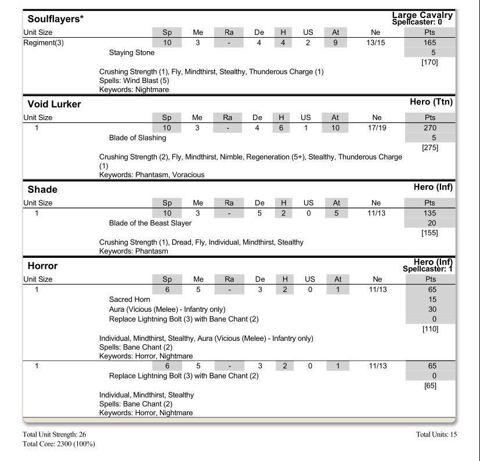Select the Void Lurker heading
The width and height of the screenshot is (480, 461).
54,105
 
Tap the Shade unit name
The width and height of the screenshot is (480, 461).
42,190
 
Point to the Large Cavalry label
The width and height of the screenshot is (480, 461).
422,15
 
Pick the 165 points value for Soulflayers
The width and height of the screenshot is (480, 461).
430,43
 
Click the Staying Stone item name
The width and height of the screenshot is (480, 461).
132,53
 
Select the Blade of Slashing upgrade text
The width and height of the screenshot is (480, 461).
138,138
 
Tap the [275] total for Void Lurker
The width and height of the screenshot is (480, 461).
430,148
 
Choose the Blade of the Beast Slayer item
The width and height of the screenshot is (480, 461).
150,224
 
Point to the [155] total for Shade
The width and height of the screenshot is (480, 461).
430,233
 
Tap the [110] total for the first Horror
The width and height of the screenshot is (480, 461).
430,329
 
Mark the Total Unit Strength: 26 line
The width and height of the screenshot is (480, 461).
55,434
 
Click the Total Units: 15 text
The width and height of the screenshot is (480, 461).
436,434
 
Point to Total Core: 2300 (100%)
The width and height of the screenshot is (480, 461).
59,444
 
